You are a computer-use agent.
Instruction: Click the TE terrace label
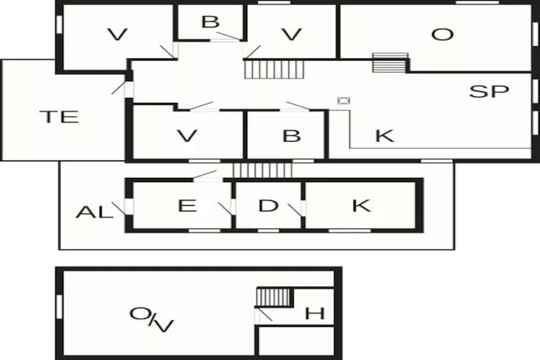point(59,117)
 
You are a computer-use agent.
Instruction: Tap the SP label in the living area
point(489,91)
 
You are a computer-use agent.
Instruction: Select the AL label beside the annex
point(94,212)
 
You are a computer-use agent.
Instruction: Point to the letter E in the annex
point(187,206)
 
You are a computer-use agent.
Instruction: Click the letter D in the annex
point(268,206)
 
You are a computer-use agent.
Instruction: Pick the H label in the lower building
point(315,313)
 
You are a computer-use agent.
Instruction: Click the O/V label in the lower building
point(151,320)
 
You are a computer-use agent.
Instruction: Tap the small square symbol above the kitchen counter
point(343,101)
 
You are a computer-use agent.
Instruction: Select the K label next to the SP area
point(384,136)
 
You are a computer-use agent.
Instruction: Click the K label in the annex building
point(361,206)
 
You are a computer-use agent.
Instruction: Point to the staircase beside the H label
point(274,297)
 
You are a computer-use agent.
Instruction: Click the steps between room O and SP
point(390,63)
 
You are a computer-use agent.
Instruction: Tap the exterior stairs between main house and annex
point(262,170)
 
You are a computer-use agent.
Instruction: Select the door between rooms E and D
point(226,209)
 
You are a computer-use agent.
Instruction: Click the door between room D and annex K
point(297,210)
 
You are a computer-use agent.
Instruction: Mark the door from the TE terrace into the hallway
point(122,88)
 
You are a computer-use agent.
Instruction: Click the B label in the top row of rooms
point(210,22)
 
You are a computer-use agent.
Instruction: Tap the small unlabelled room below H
point(296,341)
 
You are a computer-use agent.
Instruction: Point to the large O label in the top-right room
point(442,35)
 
